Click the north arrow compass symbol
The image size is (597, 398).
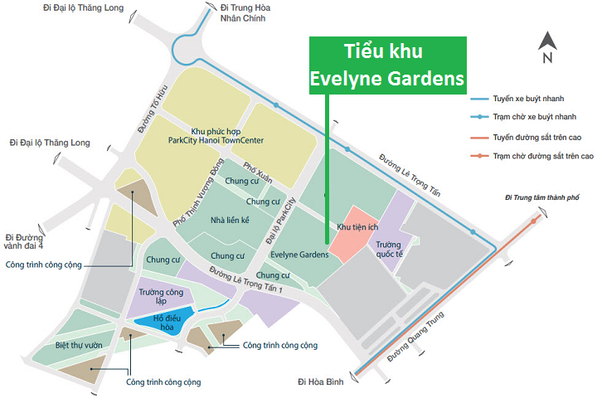[x=546, y=47]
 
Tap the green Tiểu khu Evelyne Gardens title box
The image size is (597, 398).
[x=387, y=66]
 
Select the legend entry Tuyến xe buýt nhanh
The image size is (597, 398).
[x=531, y=99]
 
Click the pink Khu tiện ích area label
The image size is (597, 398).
[x=357, y=226]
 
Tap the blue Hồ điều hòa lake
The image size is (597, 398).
[x=163, y=322]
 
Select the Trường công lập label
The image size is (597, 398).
[x=161, y=296]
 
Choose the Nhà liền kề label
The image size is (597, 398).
[x=230, y=220]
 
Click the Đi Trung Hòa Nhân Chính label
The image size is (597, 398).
[x=233, y=14]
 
